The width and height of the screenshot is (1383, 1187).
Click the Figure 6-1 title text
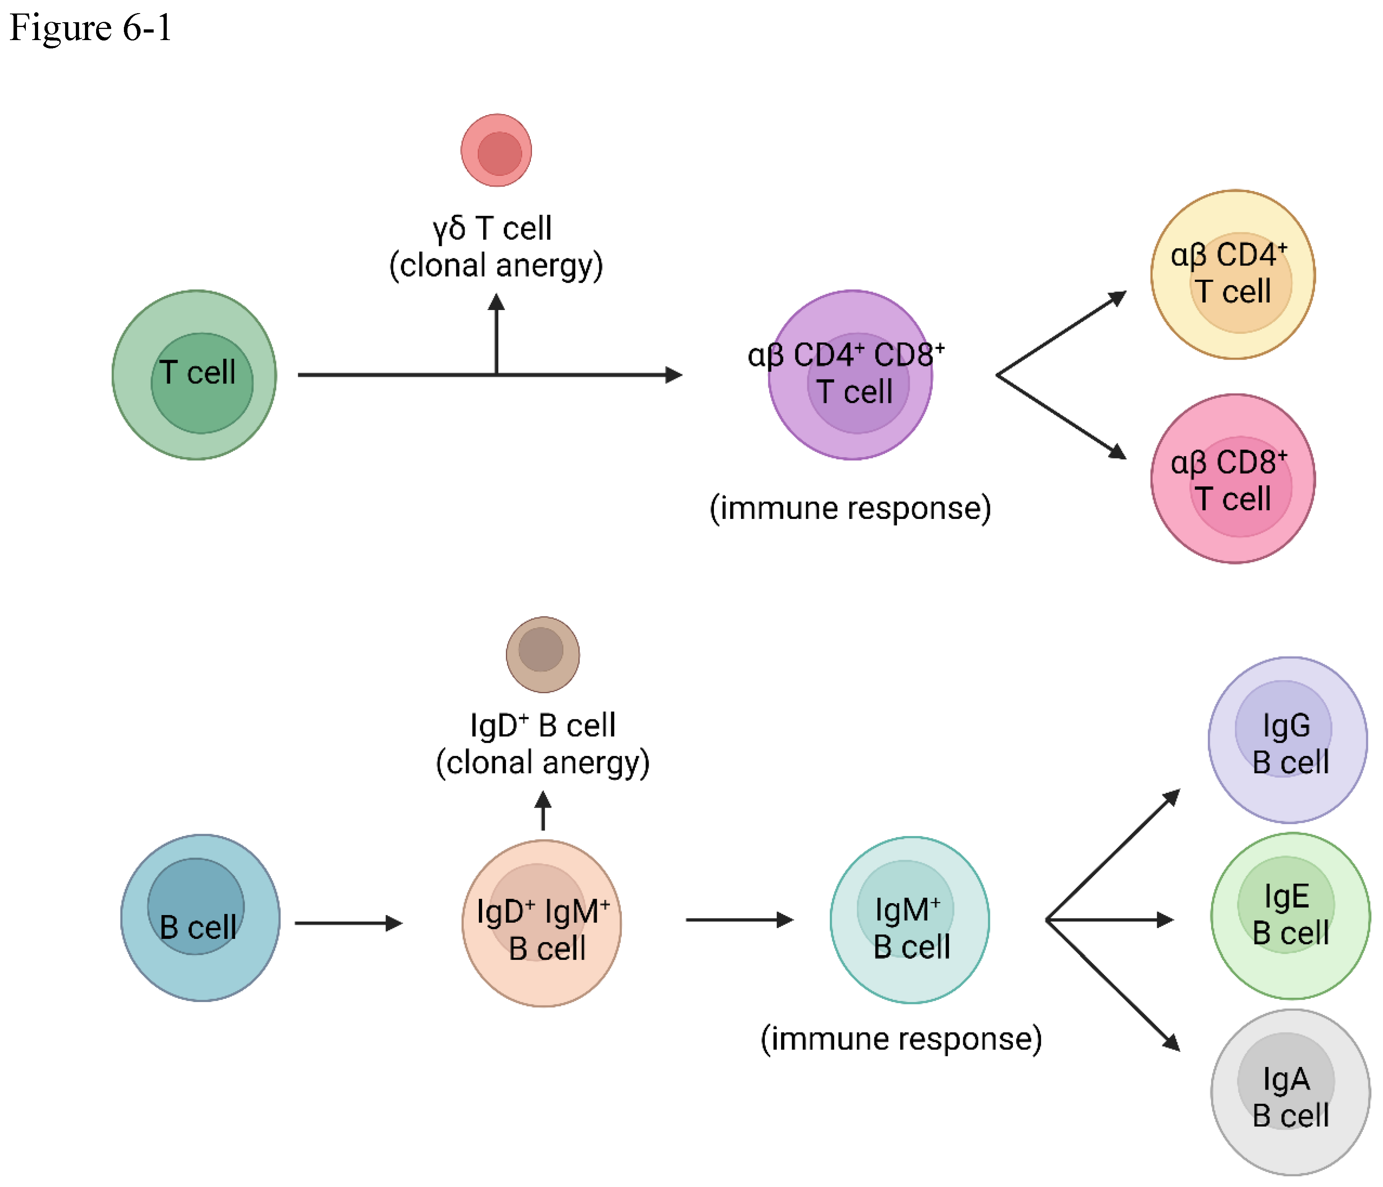click(90, 28)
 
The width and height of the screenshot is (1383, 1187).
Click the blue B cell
click(200, 917)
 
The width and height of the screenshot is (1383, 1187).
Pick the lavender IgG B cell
click(1288, 740)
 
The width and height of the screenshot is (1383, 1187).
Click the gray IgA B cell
click(1290, 1092)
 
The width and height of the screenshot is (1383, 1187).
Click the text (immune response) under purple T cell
click(850, 509)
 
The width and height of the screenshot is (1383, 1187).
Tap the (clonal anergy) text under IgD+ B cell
click(542, 763)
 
